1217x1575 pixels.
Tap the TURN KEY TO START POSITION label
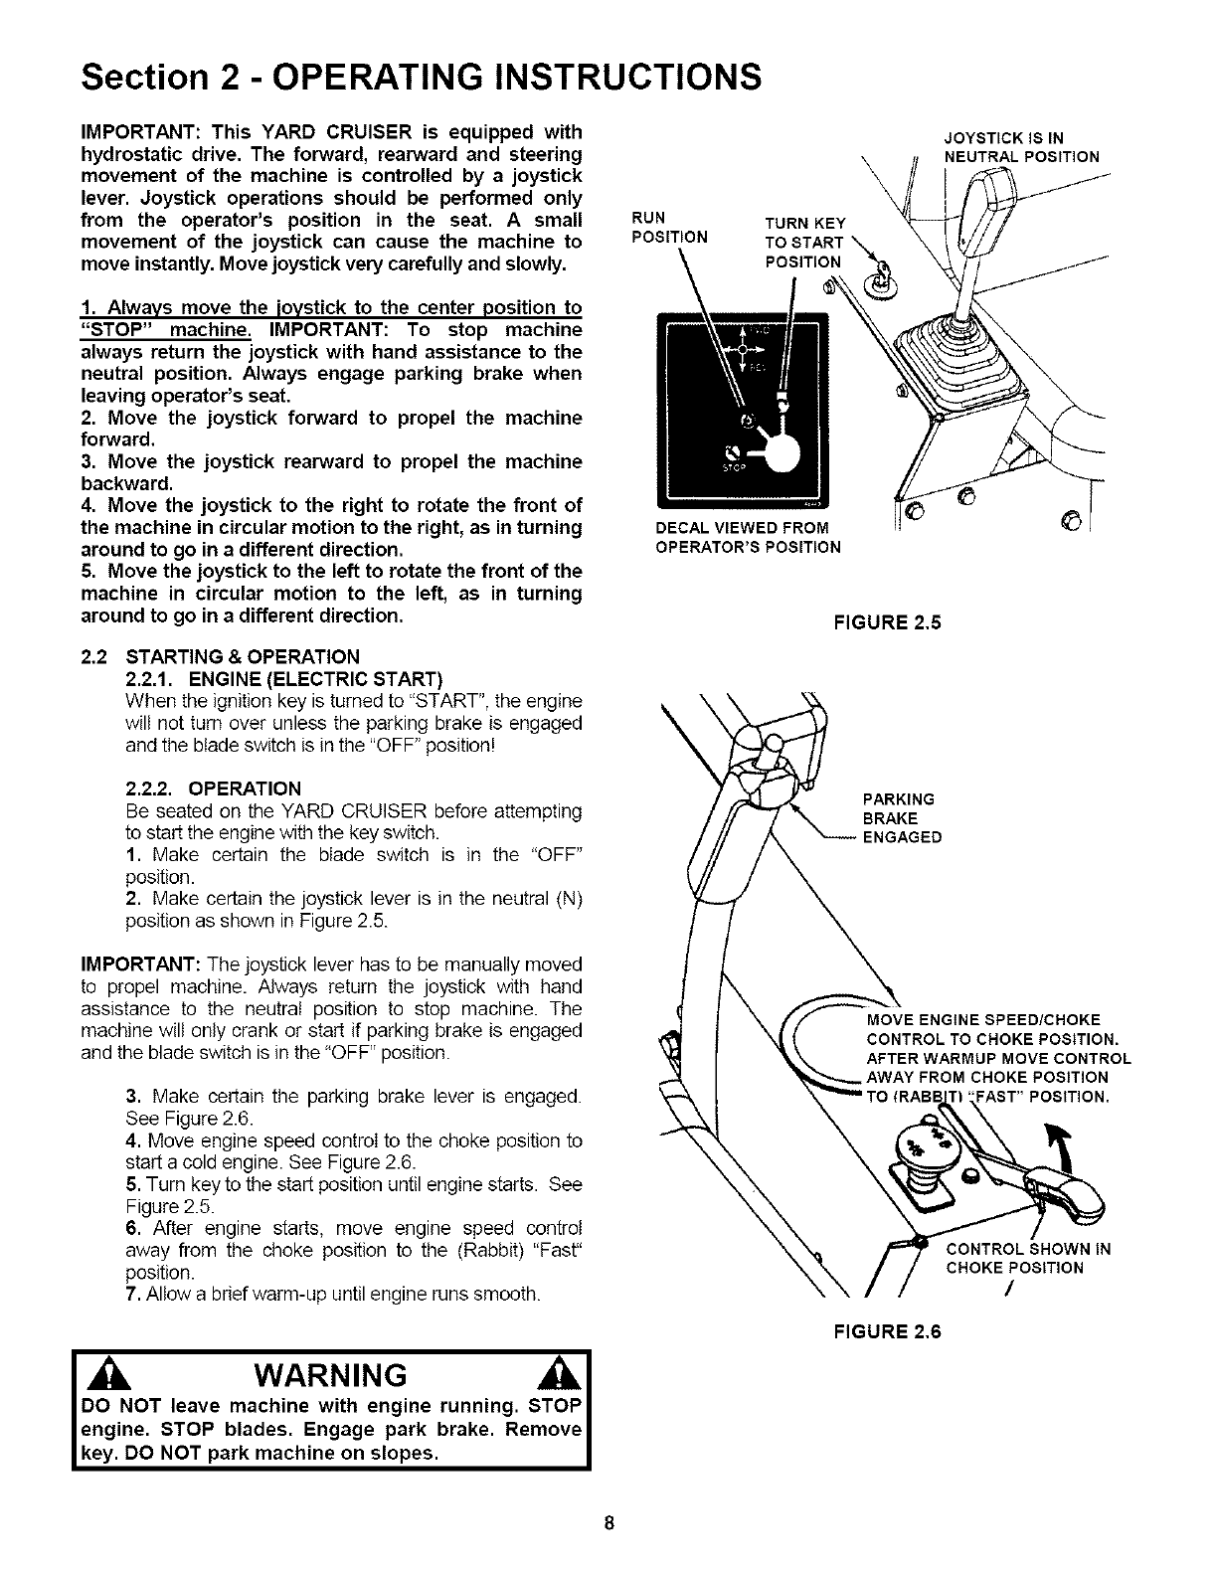point(803,243)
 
